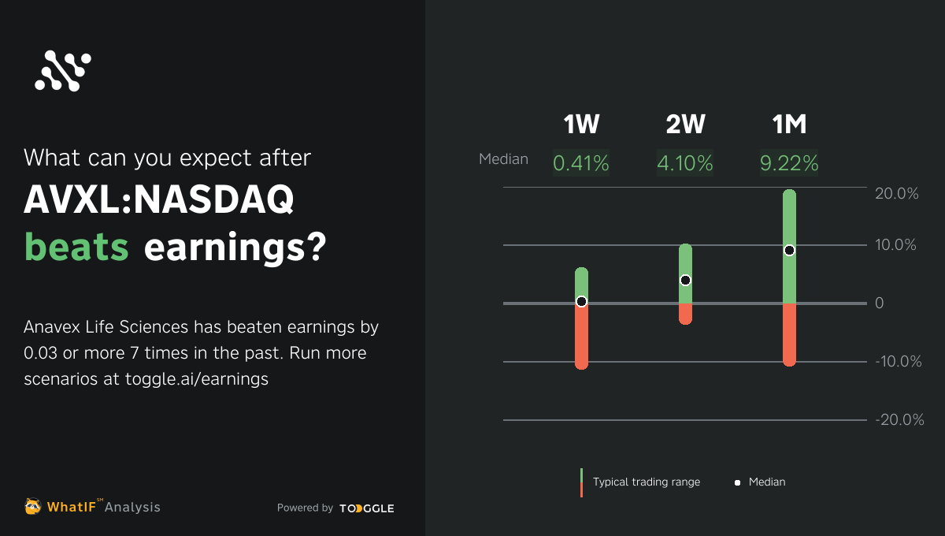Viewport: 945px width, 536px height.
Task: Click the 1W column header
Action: click(581, 125)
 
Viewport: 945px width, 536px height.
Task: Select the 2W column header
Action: click(685, 125)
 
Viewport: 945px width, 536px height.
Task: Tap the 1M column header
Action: click(789, 125)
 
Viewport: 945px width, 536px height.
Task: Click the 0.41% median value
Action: click(581, 163)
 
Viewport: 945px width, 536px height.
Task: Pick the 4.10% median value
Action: click(685, 163)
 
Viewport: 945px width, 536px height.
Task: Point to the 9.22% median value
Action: click(789, 163)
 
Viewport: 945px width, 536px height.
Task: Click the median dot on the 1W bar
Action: click(581, 301)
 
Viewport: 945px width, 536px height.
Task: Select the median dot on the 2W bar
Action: click(685, 280)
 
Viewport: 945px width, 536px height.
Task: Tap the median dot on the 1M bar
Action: click(789, 250)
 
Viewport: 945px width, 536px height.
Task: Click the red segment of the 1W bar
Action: click(581, 339)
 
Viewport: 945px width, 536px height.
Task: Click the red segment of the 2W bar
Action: click(685, 314)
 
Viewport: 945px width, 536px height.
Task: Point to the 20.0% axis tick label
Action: click(897, 194)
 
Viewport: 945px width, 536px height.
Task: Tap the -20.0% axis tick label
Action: click(899, 420)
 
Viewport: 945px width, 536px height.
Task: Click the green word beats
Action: click(76, 247)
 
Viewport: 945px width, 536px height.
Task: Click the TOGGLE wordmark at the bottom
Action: click(367, 508)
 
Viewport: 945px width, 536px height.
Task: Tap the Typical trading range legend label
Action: click(646, 482)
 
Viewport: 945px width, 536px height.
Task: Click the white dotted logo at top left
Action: click(63, 71)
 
